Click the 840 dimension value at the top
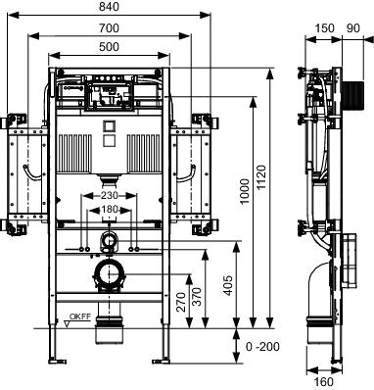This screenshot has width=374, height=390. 109,7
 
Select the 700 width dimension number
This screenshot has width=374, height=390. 109,28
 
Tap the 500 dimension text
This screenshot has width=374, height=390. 109,47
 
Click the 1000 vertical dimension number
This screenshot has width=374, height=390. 245,191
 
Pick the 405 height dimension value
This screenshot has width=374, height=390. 229,285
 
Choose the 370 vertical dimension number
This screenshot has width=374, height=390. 197,297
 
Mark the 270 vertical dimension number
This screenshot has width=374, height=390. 180,302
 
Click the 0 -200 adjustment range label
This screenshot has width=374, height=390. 262,347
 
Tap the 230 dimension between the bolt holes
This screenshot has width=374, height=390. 109,195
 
